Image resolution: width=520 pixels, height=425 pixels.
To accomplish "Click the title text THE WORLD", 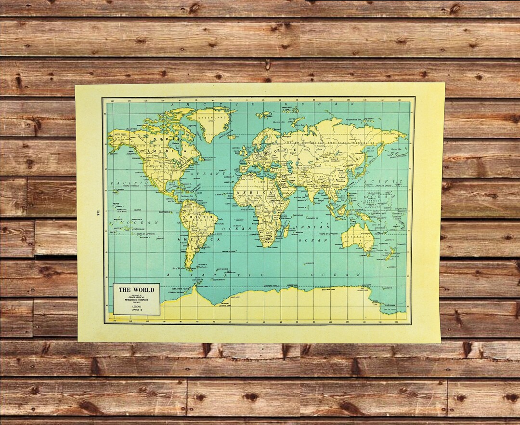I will [x=137, y=290].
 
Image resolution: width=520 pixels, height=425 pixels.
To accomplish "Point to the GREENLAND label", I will [x=210, y=116].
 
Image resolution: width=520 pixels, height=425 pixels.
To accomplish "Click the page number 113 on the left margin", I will [x=98, y=212].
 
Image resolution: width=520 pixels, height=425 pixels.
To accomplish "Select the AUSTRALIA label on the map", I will [x=356, y=237].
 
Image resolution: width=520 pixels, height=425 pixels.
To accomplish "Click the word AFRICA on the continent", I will [x=250, y=193].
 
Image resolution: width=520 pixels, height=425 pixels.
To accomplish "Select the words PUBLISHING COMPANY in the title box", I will [x=137, y=300].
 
